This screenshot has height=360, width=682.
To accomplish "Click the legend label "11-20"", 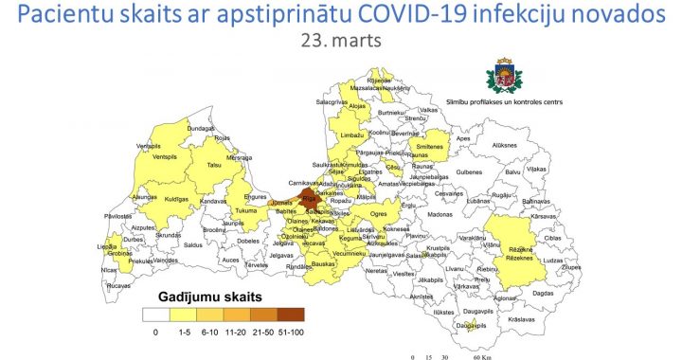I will coord(236,333).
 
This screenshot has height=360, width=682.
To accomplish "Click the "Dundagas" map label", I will coord(201,128).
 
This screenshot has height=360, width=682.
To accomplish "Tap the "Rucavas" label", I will coord(118,284).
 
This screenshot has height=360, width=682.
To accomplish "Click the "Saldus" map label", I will coord(193,244).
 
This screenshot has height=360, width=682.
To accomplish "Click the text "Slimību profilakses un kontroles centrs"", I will coord(511,99).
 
